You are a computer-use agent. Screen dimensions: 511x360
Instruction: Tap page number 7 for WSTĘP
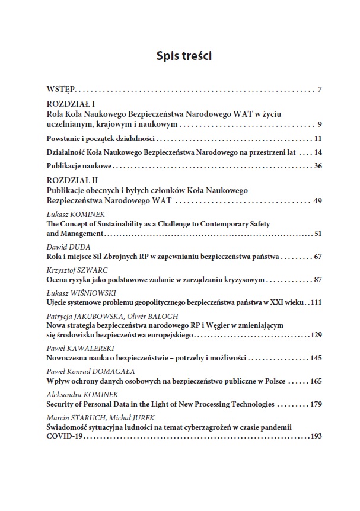[x=319, y=90]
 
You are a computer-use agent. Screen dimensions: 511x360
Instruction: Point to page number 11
[x=317, y=138]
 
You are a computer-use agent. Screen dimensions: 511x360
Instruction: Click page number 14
[x=317, y=152]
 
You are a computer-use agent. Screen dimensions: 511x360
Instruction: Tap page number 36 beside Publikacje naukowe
[x=317, y=166]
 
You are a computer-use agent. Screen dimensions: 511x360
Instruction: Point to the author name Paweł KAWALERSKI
[x=73, y=348]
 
